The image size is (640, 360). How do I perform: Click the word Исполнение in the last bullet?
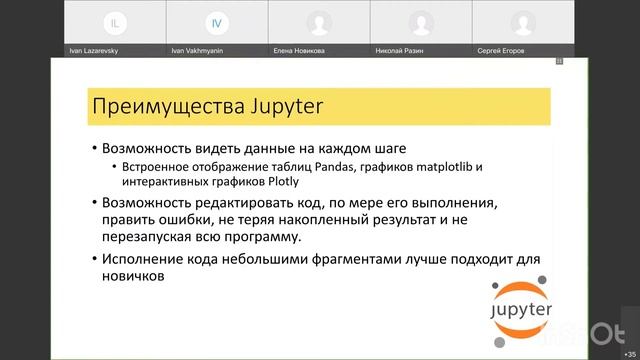coord(146,259)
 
